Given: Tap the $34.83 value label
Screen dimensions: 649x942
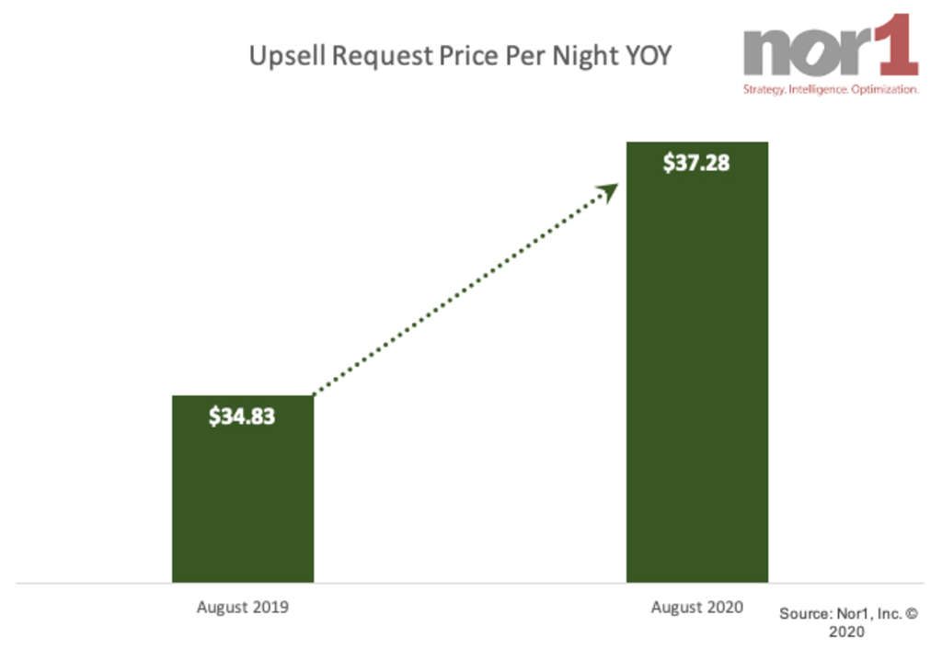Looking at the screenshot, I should tap(242, 416).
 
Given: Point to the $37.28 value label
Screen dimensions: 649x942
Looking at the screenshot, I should tap(696, 164).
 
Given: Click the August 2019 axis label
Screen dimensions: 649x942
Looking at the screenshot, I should tap(243, 608).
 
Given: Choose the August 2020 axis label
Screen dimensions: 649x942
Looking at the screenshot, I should tap(697, 608).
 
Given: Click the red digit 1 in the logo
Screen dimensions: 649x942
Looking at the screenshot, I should tap(897, 46).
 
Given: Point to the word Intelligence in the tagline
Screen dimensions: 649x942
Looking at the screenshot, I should tap(822, 90).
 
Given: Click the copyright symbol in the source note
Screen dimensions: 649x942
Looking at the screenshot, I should tap(911, 612).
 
